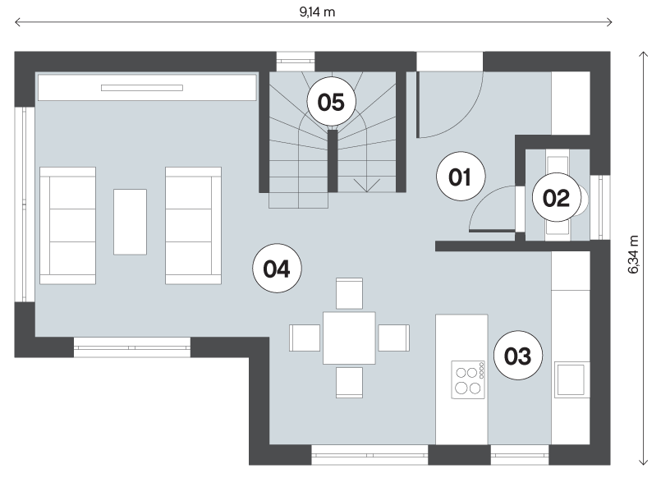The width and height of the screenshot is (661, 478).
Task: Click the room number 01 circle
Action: click(461, 177)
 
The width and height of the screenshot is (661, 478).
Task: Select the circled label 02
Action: click(556, 197)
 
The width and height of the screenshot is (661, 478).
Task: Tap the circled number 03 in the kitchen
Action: click(517, 356)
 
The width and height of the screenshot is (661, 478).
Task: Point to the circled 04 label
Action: click(277, 268)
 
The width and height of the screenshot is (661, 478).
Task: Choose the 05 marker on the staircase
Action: click(331, 102)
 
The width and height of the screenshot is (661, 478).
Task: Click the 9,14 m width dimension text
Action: click(317, 12)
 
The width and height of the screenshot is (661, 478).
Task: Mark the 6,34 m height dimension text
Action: click(634, 254)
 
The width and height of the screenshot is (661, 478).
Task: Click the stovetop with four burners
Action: click(468, 379)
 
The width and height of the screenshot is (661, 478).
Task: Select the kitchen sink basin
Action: click(571, 379)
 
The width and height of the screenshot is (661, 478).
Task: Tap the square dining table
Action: click(349, 338)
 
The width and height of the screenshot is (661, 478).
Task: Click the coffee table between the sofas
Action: click(131, 222)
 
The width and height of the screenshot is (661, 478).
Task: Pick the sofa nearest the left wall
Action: click(67, 226)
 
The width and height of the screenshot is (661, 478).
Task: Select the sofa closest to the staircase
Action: click(194, 226)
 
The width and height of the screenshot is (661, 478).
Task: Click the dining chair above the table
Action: click(349, 293)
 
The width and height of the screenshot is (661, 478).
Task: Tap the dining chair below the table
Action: click(349, 382)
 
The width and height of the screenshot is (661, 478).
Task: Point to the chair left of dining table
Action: click(305, 338)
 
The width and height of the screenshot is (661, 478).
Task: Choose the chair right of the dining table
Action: click(394, 338)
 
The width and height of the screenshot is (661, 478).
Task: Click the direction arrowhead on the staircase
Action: click(367, 186)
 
